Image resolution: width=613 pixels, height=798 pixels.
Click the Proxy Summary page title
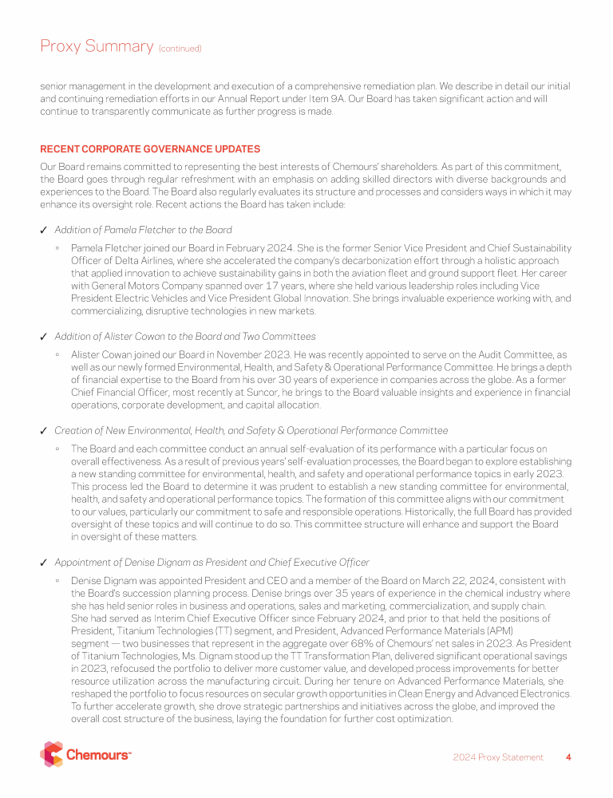(x=96, y=46)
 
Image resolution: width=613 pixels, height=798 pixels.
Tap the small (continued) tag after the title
(x=180, y=49)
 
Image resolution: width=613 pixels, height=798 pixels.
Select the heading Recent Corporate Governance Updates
(x=150, y=149)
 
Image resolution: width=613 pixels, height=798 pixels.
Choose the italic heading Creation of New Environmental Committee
(x=251, y=430)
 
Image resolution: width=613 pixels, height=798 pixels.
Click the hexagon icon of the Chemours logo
(x=51, y=754)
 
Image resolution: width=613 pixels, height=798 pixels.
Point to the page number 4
(x=568, y=757)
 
